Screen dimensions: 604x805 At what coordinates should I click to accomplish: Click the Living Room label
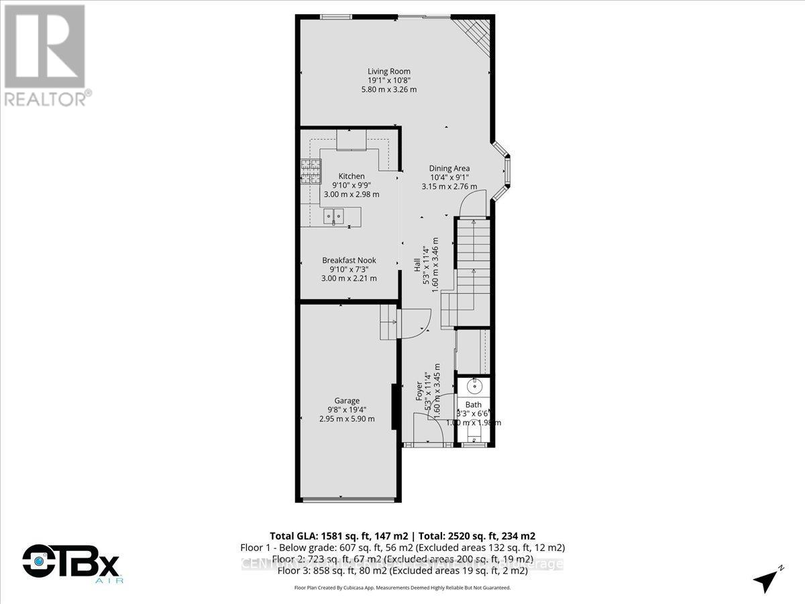(x=388, y=71)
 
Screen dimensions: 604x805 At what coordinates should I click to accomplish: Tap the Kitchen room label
(x=352, y=176)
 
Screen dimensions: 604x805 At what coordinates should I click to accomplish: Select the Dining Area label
(x=449, y=168)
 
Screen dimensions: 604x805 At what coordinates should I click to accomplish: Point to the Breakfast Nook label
(x=349, y=260)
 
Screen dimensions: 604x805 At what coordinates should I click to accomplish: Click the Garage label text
(x=347, y=401)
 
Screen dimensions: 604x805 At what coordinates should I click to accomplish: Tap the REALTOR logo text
(x=47, y=99)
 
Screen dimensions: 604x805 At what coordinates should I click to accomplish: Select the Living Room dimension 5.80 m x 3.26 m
(x=388, y=89)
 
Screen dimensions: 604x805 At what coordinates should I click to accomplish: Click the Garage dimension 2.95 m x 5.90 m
(x=347, y=419)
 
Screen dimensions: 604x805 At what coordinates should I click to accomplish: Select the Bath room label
(x=474, y=405)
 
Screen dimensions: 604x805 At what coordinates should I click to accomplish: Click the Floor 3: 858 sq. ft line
(x=402, y=571)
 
